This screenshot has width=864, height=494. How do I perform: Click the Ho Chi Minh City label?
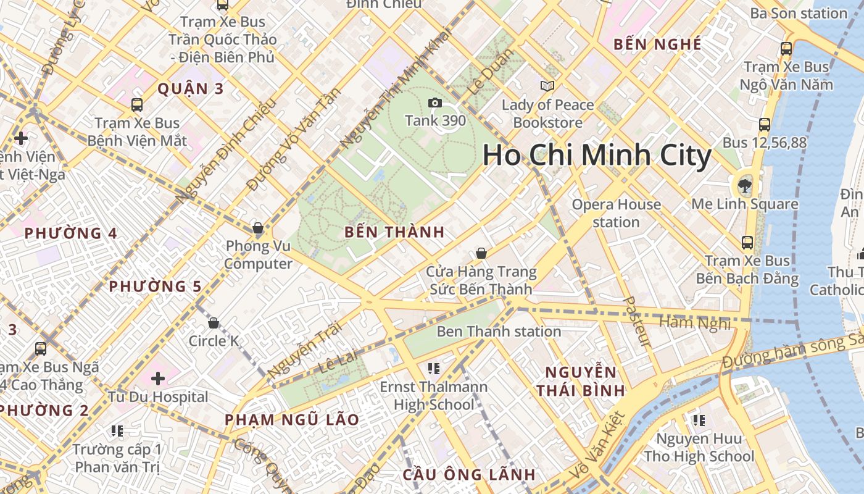pos(596,155)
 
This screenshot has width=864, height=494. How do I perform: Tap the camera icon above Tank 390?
pos(435,103)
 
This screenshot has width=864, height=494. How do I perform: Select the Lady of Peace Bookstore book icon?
pos(547,86)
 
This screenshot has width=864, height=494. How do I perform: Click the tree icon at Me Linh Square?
pos(744,185)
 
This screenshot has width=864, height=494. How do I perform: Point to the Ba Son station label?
pos(799,13)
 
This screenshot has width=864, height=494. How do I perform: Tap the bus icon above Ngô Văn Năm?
pos(786,49)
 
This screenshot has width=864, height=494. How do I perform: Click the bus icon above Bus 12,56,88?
pos(765,124)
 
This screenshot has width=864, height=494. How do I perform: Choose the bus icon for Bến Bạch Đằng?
pos(747,242)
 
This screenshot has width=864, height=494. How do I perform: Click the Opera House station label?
pos(616,213)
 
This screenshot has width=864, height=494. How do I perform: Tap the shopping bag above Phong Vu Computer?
pos(258,228)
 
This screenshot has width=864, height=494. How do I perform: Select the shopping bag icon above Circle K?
pos(214,323)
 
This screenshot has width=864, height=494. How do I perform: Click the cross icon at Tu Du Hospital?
pos(158,378)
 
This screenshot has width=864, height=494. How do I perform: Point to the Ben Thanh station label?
pos(499,332)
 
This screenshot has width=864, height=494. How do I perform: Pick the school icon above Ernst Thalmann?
pos(434,369)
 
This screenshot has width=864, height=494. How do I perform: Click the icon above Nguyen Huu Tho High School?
pos(699,421)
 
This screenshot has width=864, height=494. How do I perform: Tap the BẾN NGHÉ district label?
pos(658,44)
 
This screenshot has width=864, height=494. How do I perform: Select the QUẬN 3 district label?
pos(190,89)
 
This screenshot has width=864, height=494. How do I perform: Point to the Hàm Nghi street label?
pos(695,323)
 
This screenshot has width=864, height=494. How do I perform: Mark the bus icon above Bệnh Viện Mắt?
pos(137,105)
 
